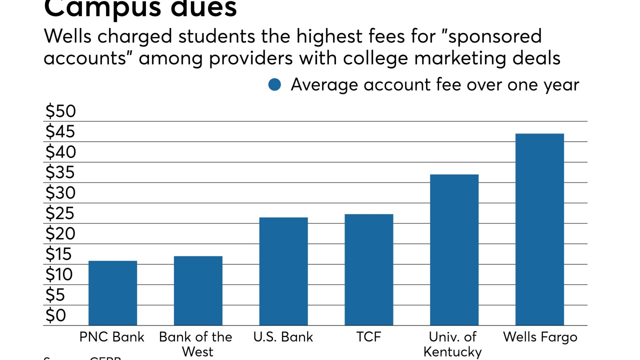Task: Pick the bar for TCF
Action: click(369, 270)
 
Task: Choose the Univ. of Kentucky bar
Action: click(454, 250)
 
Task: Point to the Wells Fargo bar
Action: click(539, 229)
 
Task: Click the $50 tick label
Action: click(60, 111)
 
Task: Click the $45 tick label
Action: click(60, 132)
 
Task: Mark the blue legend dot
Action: click(274, 85)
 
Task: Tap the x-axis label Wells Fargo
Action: click(540, 337)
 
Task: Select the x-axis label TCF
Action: click(369, 337)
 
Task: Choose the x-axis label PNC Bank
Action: click(112, 337)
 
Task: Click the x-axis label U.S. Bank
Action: click(283, 337)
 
